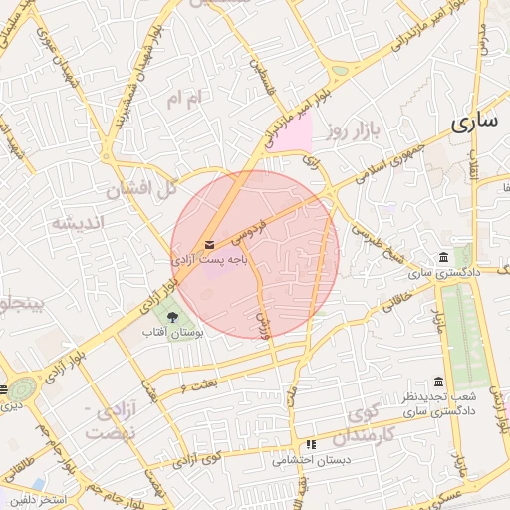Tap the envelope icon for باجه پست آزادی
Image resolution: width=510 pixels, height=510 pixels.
pos(208,244)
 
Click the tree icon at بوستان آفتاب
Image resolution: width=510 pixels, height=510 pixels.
pos(173,317)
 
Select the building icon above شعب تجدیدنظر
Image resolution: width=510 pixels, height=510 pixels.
pos(439,382)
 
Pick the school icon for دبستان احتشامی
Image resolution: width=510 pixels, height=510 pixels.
pos(311,445)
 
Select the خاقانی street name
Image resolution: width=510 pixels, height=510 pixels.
pos(395,299)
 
